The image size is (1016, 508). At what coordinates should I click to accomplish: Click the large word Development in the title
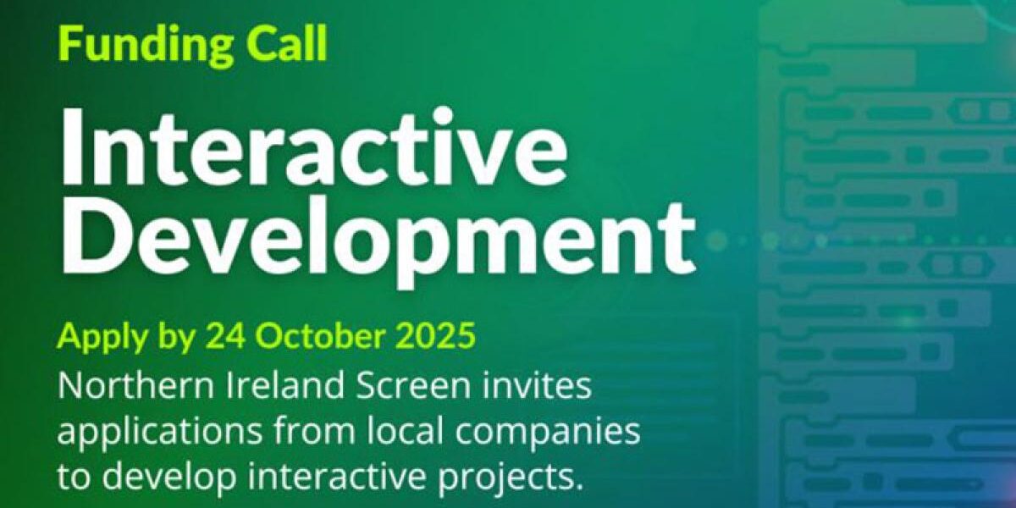(x=377, y=232)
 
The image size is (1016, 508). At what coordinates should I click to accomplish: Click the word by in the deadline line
(x=174, y=339)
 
